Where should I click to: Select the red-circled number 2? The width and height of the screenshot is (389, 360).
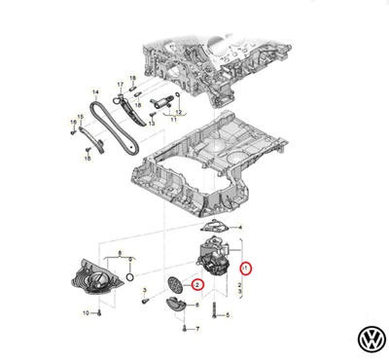point(196,285)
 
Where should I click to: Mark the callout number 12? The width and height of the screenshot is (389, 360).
point(178,114)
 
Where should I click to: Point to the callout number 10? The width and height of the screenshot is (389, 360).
point(86,313)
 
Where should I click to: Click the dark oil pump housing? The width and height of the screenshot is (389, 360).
point(214,254)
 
